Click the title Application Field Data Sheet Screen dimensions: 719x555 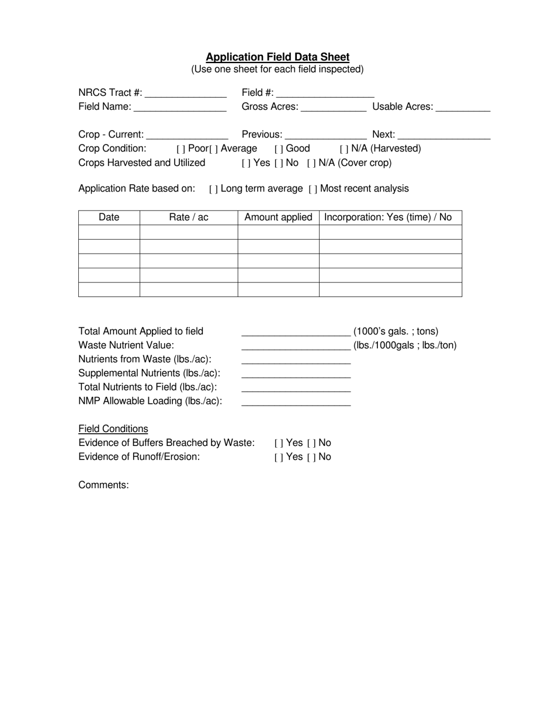click(277, 57)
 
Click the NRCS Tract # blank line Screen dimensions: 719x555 click(185, 94)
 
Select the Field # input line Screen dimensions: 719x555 click(325, 94)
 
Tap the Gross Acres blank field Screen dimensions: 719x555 click(333, 108)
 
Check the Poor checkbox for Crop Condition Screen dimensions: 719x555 click(181, 149)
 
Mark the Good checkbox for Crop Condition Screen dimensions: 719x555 click(279, 149)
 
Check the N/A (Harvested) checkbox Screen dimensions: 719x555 click(344, 149)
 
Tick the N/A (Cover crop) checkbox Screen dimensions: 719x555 click(311, 163)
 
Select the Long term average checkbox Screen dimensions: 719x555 click(213, 189)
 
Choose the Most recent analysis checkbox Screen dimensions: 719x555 click(313, 189)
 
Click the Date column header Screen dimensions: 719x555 click(109, 217)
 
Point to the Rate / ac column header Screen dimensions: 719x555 click(188, 217)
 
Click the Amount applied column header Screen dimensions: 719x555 click(278, 217)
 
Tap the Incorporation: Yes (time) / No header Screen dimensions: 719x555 click(388, 217)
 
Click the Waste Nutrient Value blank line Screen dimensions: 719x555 click(296, 347)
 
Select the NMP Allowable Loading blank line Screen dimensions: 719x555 click(296, 403)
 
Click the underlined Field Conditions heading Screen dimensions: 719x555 click(113, 429)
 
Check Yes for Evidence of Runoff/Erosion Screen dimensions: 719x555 click(279, 458)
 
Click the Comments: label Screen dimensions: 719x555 click(103, 485)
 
